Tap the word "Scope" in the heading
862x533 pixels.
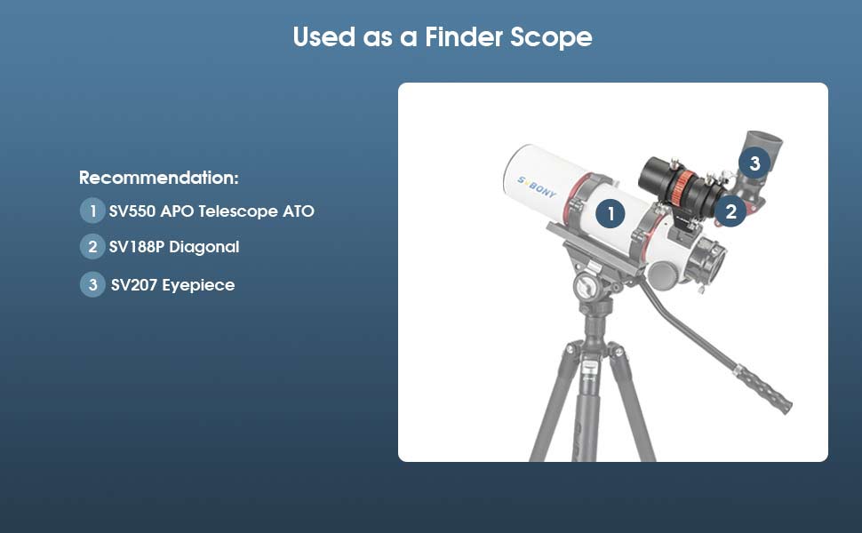(551, 37)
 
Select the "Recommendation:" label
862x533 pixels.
(159, 178)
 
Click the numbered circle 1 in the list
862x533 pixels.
(92, 211)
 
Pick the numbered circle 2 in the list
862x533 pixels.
(92, 247)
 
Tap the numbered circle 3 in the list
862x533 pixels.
(92, 285)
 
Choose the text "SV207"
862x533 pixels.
(133, 285)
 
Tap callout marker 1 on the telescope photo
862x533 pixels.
(610, 213)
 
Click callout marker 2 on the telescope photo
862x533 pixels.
(730, 211)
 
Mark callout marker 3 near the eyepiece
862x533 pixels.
(754, 163)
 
